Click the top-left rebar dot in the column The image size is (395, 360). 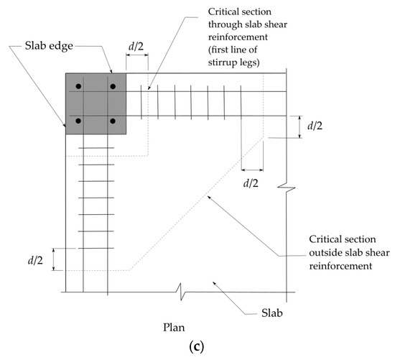[x=80, y=86]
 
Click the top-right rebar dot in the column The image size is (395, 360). [x=113, y=86]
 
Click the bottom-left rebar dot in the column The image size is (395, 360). [x=80, y=119]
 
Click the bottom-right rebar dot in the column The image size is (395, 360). [x=113, y=119]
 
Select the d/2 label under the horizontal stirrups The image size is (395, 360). [x=251, y=183]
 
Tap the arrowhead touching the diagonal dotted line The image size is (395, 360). [x=206, y=195]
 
